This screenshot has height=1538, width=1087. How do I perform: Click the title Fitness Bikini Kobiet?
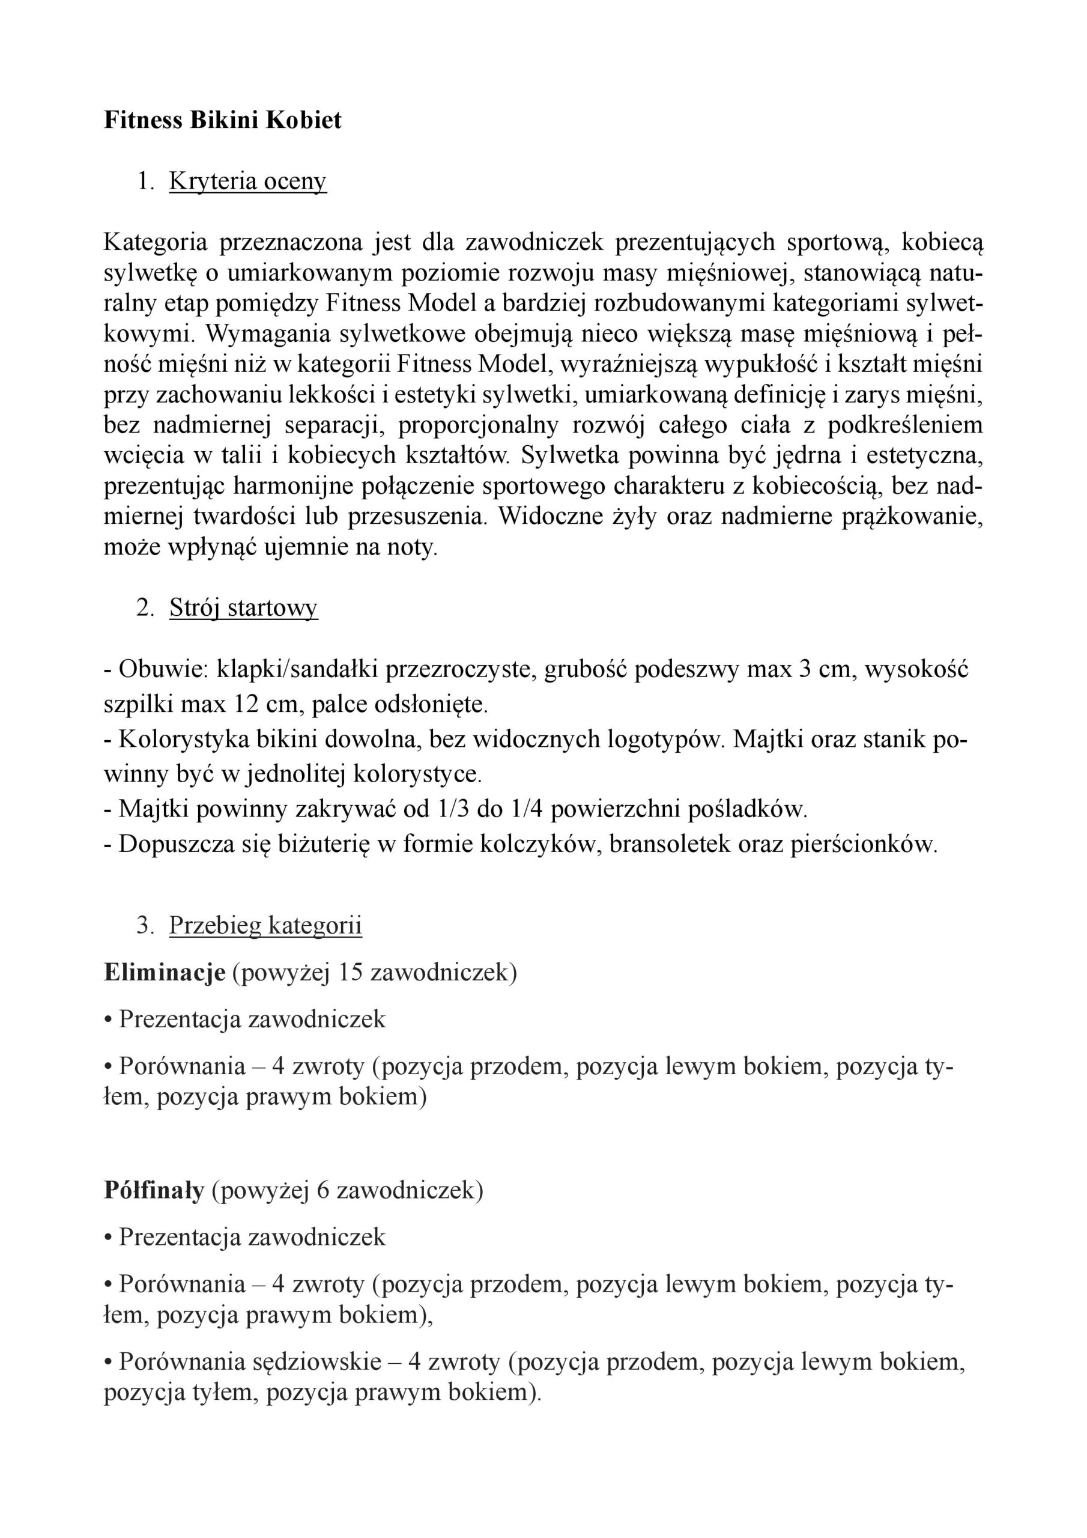(222, 121)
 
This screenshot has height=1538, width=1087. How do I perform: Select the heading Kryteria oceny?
(247, 181)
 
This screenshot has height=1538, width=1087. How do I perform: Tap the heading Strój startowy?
(243, 607)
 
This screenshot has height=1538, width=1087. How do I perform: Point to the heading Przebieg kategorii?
(265, 925)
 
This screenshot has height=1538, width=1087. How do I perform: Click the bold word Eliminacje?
(164, 973)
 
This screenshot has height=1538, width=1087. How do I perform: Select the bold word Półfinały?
(154, 1190)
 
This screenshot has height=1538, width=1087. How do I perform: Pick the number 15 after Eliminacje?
(350, 973)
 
